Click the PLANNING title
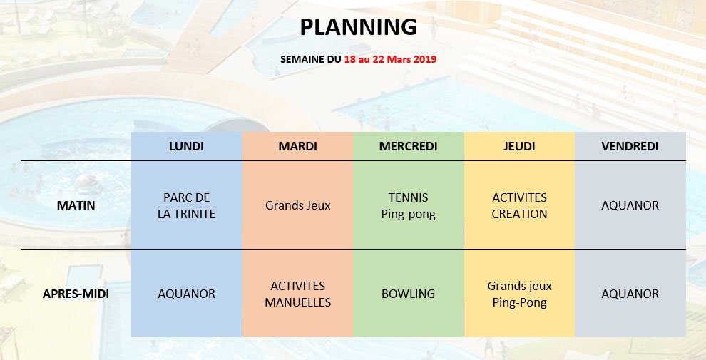[x=359, y=27]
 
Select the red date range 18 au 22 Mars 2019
[x=390, y=59]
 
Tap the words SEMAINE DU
[x=311, y=59]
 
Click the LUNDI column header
[x=186, y=146]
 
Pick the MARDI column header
[x=297, y=146]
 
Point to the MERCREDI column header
[x=409, y=146]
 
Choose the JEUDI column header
[x=519, y=146]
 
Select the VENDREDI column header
[x=630, y=146]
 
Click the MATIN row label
[x=76, y=205]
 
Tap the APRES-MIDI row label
[x=76, y=294]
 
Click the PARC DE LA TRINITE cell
[x=186, y=205]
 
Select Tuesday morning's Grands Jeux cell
[x=297, y=205]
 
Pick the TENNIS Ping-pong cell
[x=409, y=205]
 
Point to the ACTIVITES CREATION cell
[x=519, y=205]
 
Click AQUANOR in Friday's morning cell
[x=630, y=205]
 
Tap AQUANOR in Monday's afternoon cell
[x=186, y=294]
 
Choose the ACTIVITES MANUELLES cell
[x=297, y=294]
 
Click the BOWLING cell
[x=409, y=294]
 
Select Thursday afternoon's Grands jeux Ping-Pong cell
[x=519, y=294]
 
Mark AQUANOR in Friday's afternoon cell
[x=630, y=294]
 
